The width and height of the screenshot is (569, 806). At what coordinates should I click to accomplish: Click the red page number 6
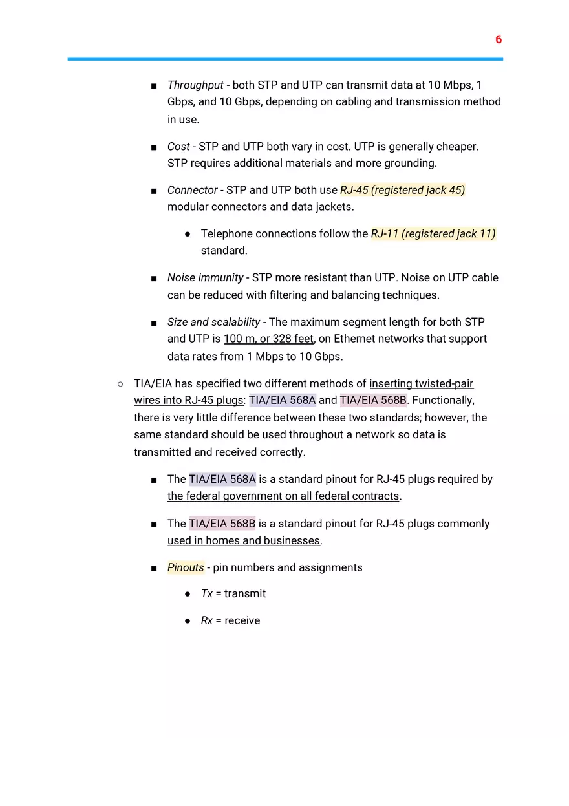click(x=499, y=39)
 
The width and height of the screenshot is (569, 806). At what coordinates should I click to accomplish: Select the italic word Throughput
click(x=195, y=85)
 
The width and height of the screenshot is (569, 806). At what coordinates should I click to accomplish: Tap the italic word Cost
click(x=178, y=147)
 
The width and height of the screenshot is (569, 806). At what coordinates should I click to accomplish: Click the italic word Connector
click(x=192, y=190)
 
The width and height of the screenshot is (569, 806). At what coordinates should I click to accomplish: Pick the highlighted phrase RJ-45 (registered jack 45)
click(x=402, y=190)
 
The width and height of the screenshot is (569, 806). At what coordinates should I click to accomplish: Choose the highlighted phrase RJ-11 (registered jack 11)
click(x=433, y=233)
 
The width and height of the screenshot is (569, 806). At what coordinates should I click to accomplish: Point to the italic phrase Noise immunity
click(x=205, y=277)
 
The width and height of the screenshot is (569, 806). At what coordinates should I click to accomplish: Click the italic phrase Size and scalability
click(x=213, y=322)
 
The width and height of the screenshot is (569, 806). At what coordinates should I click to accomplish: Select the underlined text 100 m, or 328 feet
click(x=268, y=339)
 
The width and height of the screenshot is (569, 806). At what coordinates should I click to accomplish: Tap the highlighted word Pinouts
click(x=186, y=567)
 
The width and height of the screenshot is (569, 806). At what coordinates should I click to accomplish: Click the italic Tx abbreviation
click(x=207, y=593)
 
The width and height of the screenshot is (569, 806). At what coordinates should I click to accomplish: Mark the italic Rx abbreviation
click(x=207, y=620)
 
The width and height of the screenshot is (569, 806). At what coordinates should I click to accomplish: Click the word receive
click(x=242, y=620)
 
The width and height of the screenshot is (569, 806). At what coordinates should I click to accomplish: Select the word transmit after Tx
click(x=245, y=593)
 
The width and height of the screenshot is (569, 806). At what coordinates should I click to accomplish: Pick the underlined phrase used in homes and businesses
click(x=244, y=540)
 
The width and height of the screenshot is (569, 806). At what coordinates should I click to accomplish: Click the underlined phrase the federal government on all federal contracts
click(x=283, y=496)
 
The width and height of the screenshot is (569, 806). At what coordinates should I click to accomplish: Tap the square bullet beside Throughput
click(x=154, y=86)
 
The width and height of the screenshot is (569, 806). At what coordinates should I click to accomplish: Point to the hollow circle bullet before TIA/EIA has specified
click(x=120, y=384)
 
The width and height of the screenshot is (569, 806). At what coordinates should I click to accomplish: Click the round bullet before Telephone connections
click(x=188, y=234)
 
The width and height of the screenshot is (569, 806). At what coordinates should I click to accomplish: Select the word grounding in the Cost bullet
click(x=410, y=163)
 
